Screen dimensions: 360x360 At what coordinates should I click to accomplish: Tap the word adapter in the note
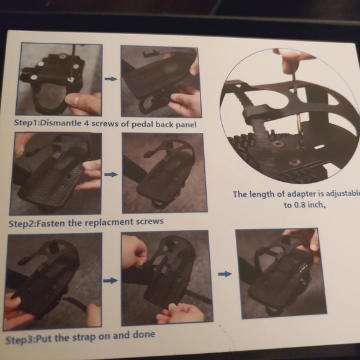(x=297, y=194)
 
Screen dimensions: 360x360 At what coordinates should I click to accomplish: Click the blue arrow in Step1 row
(x=110, y=79)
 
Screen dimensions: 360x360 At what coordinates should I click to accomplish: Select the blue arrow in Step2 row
(x=110, y=174)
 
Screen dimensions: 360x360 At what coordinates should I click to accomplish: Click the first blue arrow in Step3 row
(x=110, y=281)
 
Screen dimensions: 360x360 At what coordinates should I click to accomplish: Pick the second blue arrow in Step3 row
(x=224, y=273)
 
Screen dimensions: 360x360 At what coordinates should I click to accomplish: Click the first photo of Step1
(x=60, y=79)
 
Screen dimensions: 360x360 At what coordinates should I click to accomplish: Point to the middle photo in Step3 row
(x=166, y=277)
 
